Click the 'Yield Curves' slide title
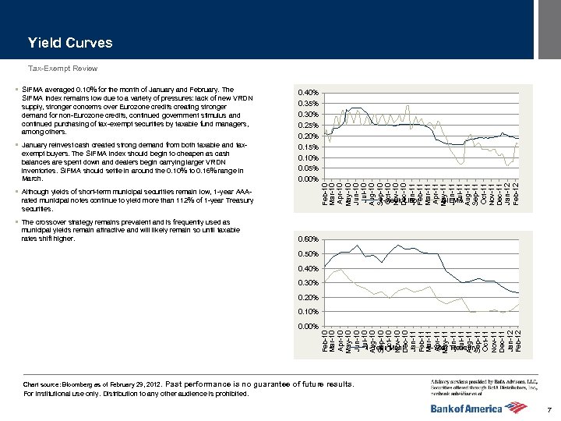tap(70, 43)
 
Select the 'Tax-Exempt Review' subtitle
tap(63, 69)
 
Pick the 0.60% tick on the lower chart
tap(309, 239)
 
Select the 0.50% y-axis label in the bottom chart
tap(309, 253)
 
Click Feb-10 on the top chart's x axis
tap(325, 194)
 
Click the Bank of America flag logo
tap(521, 407)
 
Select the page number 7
tap(549, 410)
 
